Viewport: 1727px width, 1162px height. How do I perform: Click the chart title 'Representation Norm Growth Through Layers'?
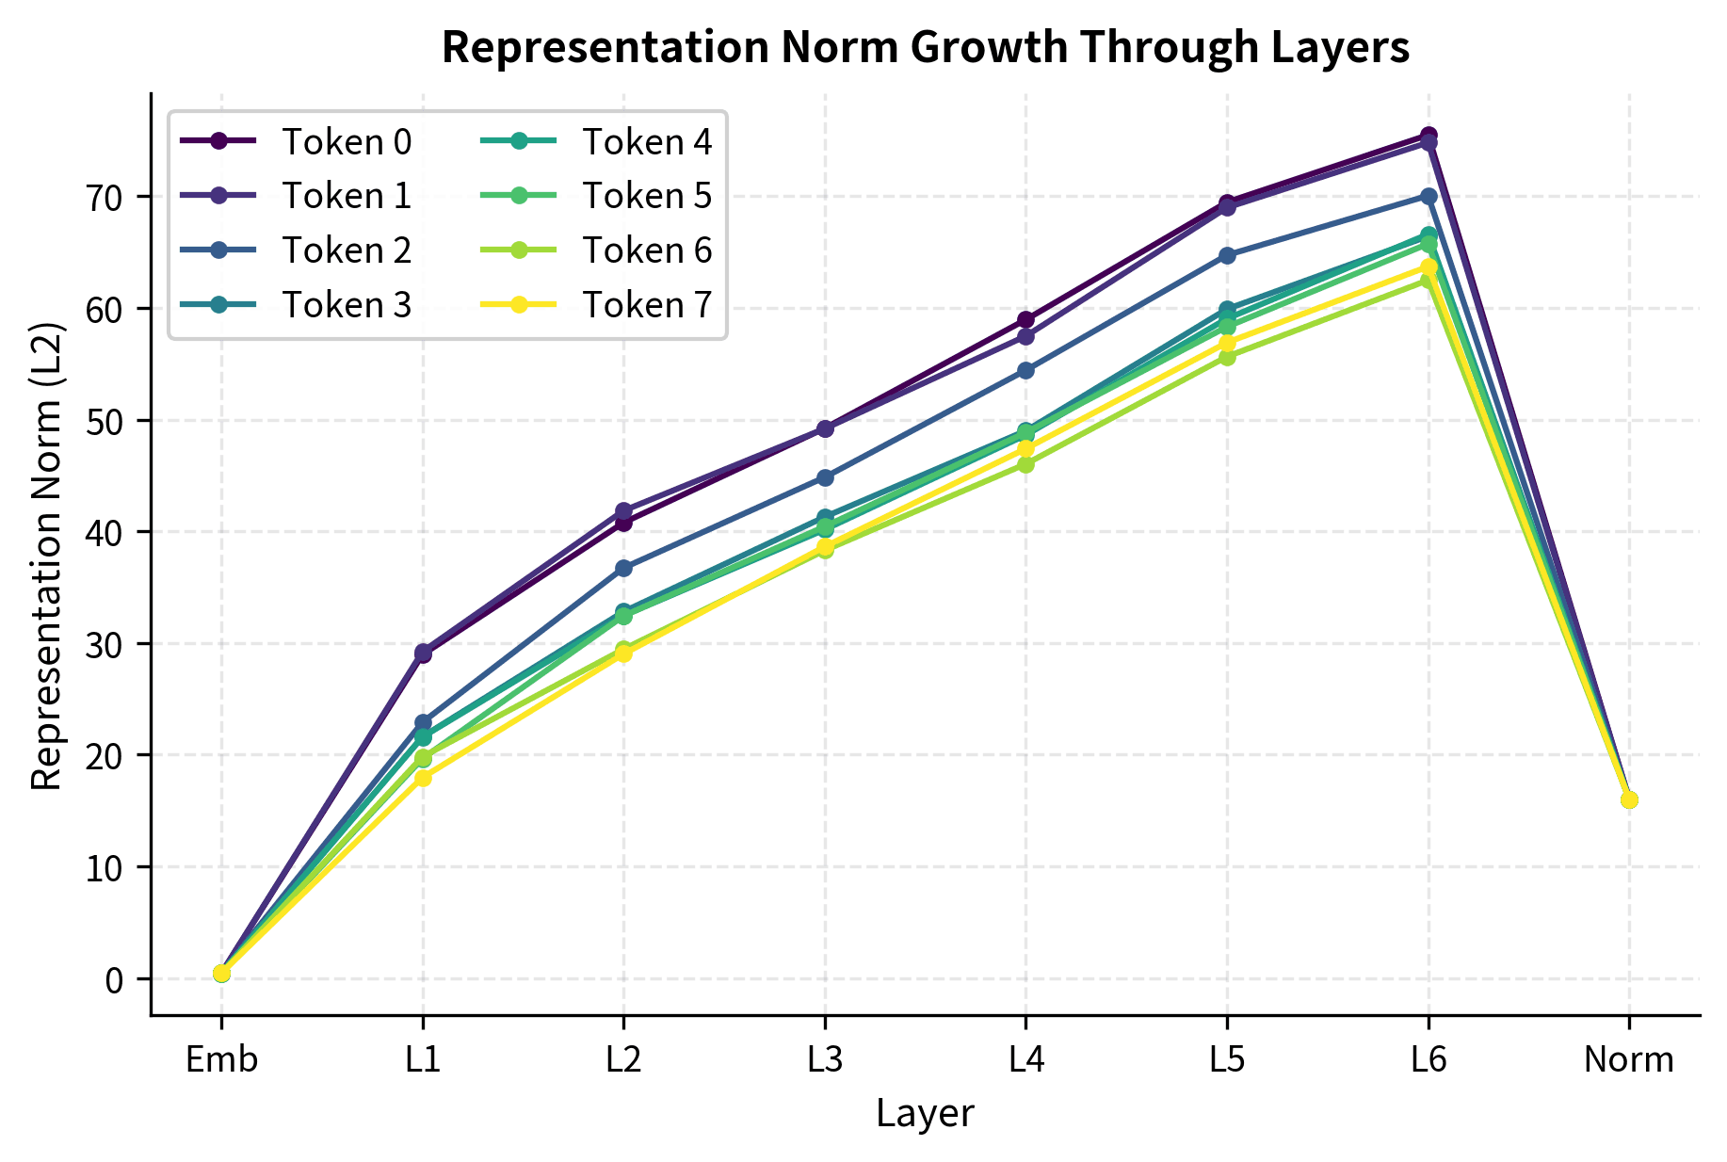point(925,47)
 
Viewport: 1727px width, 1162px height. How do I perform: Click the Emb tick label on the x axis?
point(221,1061)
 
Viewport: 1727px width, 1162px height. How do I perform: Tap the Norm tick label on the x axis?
point(1628,1061)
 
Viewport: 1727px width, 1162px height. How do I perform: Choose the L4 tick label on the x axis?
point(1025,1061)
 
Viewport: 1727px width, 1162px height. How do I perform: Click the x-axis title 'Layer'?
point(925,1114)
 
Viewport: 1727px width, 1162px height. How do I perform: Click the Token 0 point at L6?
point(1428,136)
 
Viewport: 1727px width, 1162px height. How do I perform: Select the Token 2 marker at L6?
point(1428,196)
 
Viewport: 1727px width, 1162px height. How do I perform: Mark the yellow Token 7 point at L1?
point(423,778)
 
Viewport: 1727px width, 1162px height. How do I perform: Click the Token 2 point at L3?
point(825,477)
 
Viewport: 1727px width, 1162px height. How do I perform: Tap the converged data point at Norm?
point(1628,799)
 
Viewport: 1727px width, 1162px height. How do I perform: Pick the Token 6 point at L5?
point(1227,357)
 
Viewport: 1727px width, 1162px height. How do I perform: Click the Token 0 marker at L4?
point(1025,320)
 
